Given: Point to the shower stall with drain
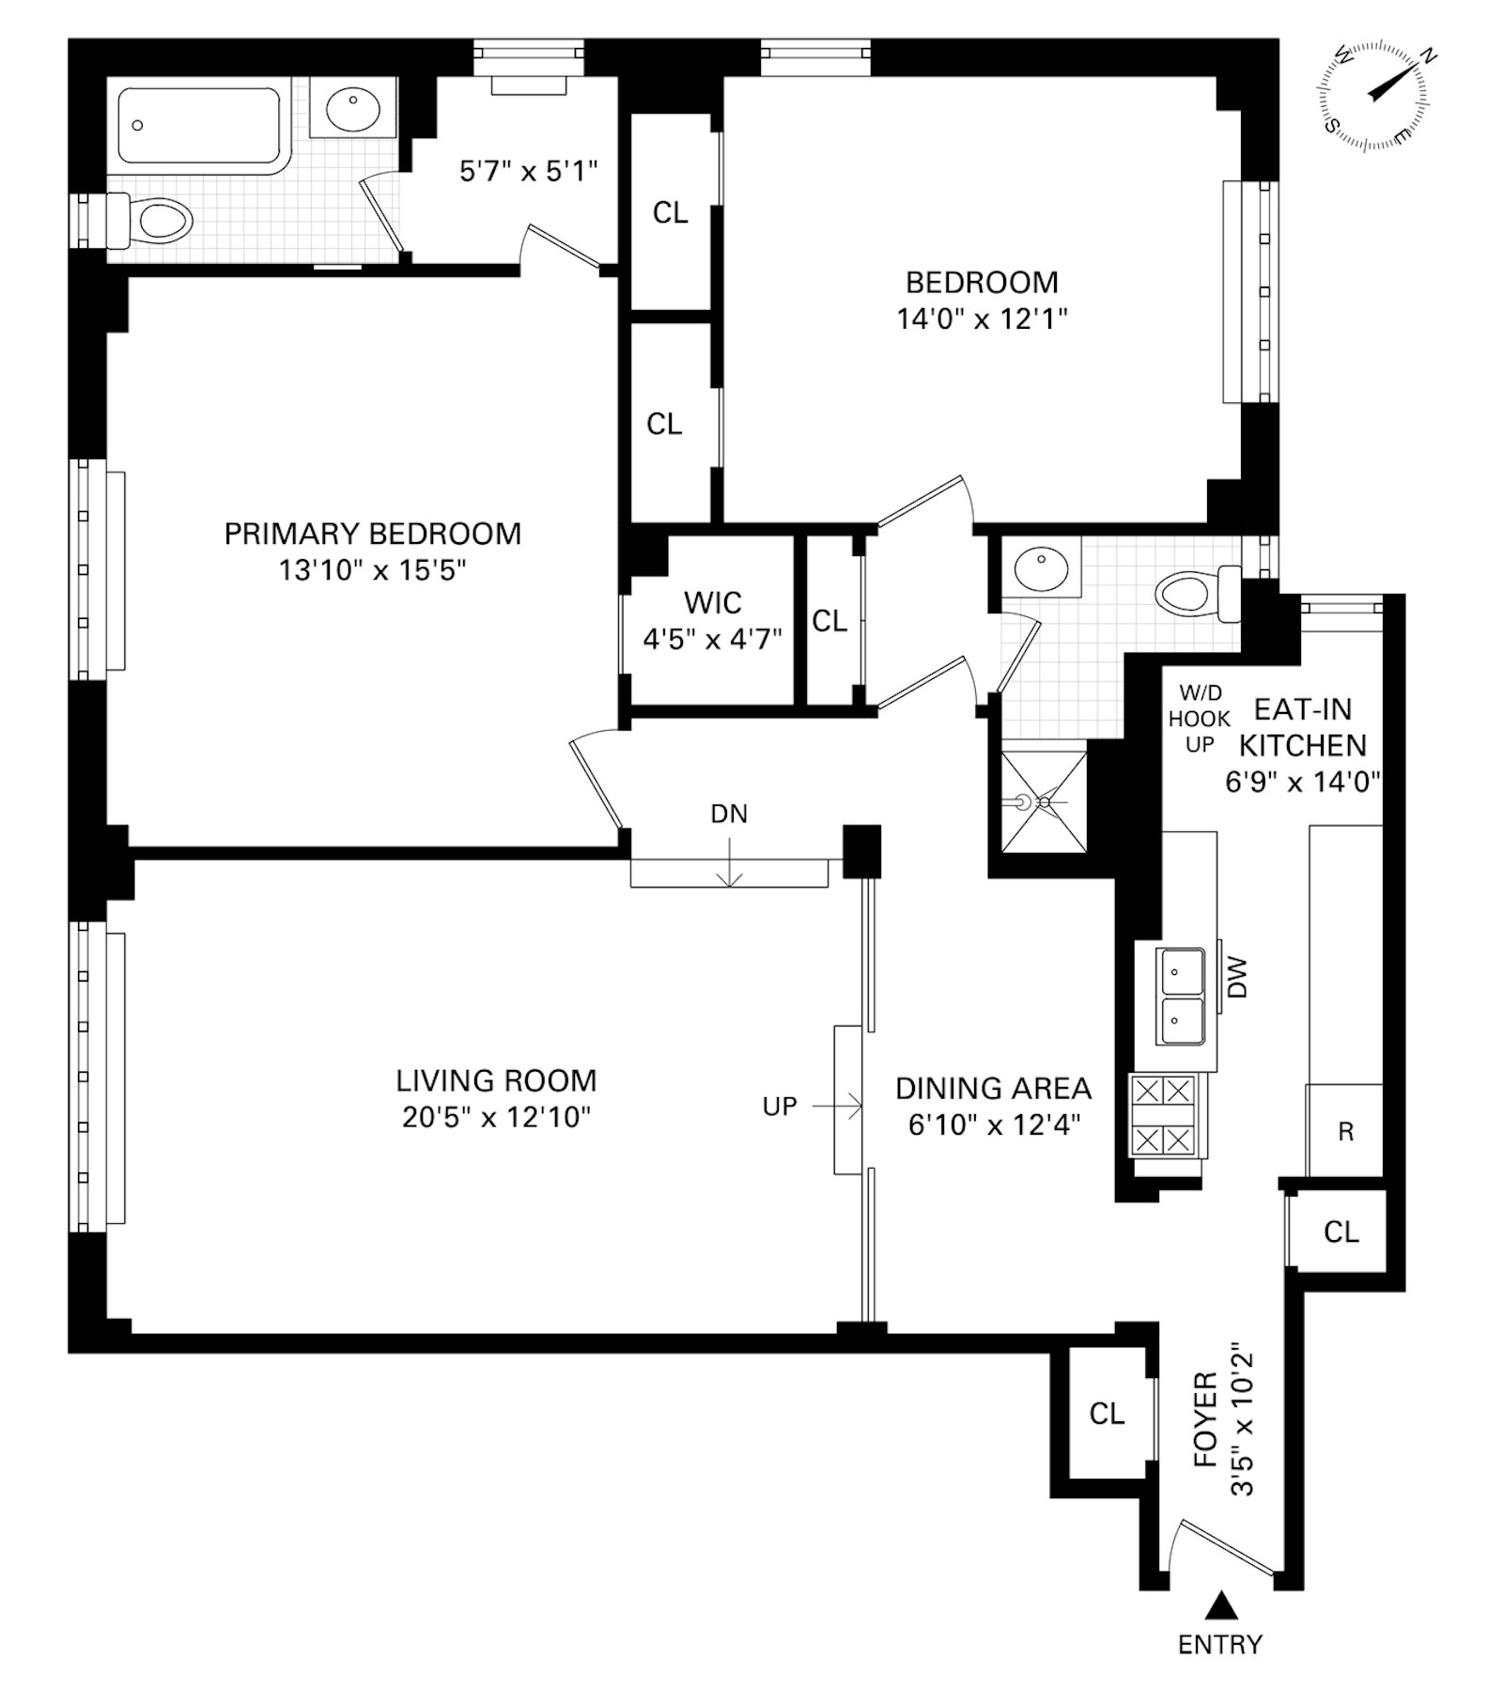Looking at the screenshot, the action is (x=1043, y=802).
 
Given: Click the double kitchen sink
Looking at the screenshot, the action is (x=1183, y=997).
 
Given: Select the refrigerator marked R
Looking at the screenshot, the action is (x=1345, y=1131).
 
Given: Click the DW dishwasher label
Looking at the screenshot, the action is (x=1237, y=978).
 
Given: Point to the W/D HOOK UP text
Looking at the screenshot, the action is (x=1200, y=719).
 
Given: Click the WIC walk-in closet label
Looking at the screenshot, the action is (x=713, y=602).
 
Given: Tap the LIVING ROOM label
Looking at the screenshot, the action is (x=496, y=1081).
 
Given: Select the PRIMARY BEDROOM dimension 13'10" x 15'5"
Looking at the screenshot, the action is (x=373, y=570).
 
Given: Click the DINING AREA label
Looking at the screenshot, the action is (x=994, y=1089).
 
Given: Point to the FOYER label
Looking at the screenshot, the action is (x=1205, y=1419).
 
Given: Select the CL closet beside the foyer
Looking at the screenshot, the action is (x=1107, y=1414).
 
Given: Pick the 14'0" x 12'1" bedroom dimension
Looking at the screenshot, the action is (x=983, y=319).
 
